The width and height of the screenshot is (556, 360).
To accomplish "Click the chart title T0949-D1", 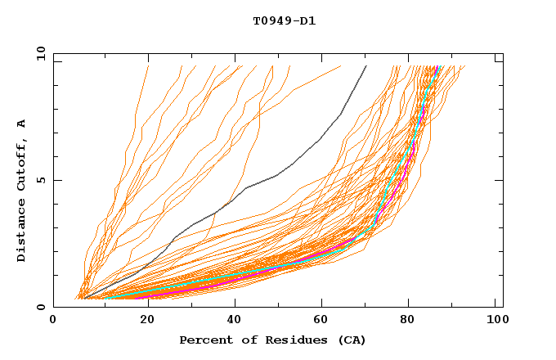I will pos(284,21).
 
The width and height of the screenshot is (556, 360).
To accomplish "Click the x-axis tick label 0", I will pos(53,320).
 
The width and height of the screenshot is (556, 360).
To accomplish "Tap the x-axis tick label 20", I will pos(141,320).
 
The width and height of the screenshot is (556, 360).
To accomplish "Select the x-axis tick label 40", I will pos(231,320).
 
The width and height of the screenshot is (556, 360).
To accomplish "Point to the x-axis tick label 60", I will pos(319,320).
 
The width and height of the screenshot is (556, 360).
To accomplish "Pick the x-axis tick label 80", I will pos(407,320).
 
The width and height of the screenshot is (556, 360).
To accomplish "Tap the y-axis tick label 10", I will pos(41,53).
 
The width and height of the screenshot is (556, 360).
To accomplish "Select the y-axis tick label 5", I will pos(41,180).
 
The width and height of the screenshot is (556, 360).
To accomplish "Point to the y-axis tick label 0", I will pos(41,307).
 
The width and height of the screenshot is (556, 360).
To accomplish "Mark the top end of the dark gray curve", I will pos(366,66).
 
